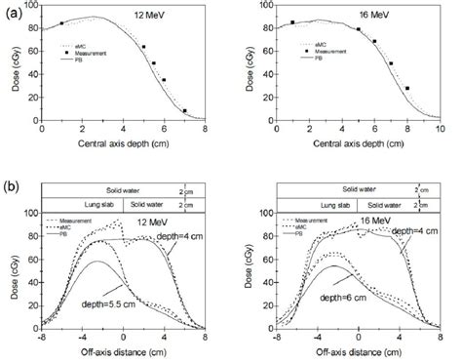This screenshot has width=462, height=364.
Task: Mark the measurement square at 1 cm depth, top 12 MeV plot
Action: (62, 23)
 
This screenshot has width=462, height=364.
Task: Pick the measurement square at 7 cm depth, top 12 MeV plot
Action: (184, 110)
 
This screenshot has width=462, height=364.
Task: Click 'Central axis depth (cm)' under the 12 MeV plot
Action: (121, 144)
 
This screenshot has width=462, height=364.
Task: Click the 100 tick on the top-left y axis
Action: (30, 6)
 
